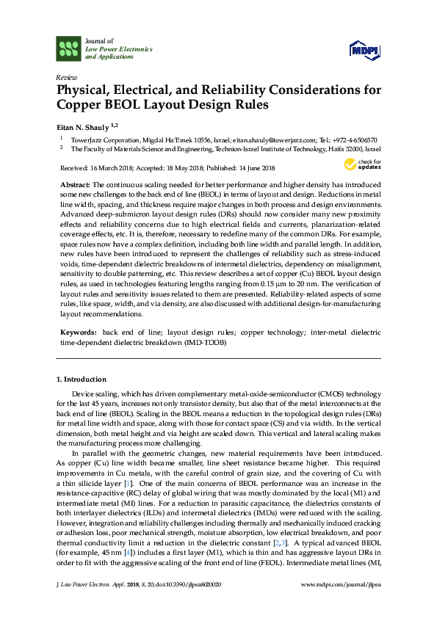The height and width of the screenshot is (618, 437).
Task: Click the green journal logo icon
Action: point(69,50)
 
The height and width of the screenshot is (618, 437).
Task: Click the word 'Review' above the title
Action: point(65,76)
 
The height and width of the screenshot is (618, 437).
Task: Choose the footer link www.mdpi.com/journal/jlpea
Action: point(340,606)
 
